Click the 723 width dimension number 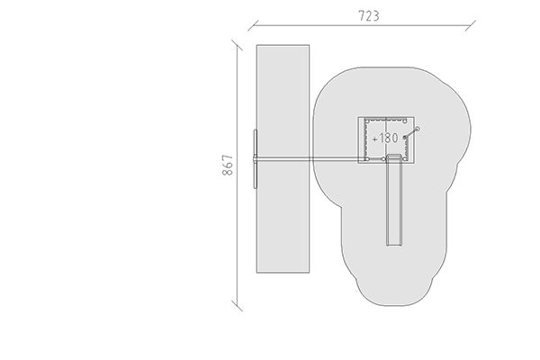pyautogui.click(x=369, y=16)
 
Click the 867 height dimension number pyautogui.click(x=228, y=166)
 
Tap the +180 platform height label pyautogui.click(x=385, y=138)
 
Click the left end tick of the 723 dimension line pyautogui.click(x=253, y=25)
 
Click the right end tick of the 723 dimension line pyautogui.click(x=471, y=25)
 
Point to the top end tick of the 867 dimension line pyautogui.click(x=237, y=45)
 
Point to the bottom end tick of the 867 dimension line pyautogui.click(x=237, y=306)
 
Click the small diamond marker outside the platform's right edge pyautogui.click(x=418, y=130)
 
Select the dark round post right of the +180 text pyautogui.click(x=405, y=138)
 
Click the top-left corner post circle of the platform pyautogui.click(x=367, y=121)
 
